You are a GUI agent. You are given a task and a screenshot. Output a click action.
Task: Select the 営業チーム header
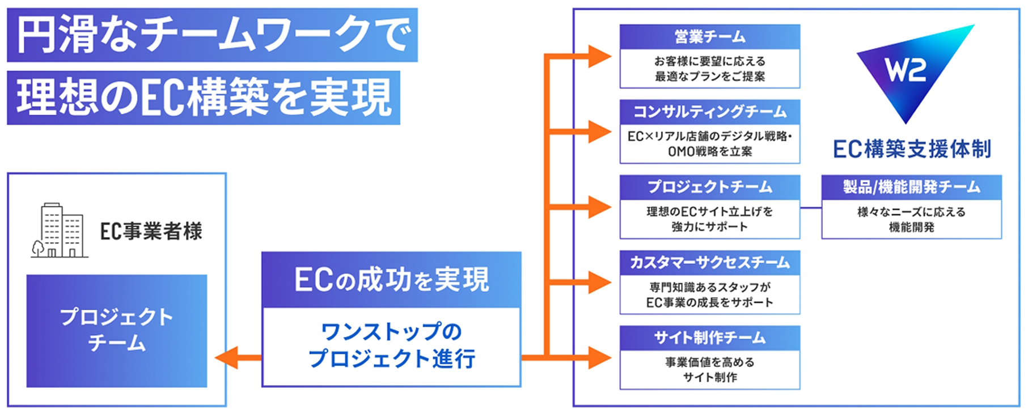709,37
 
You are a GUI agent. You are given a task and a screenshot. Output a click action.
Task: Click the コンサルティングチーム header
709,112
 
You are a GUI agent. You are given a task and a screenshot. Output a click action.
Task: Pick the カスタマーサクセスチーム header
709,263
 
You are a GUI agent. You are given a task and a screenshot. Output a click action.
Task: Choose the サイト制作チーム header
709,338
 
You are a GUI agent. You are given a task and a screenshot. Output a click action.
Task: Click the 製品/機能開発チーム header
911,187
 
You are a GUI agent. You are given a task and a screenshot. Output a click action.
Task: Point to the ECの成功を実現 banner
391,280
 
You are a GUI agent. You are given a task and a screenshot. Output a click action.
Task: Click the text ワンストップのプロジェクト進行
392,345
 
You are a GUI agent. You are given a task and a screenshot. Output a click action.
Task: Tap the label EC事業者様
151,231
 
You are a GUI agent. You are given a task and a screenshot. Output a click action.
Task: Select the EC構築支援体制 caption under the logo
912,149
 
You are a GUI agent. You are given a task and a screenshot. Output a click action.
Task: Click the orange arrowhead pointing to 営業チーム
600,56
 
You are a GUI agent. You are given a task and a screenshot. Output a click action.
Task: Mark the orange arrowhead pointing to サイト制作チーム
600,358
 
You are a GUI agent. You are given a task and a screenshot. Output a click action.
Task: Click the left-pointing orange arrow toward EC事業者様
238,358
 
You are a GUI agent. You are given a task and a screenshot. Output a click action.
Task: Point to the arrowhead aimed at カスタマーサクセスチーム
600,282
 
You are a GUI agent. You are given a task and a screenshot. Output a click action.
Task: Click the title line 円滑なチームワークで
213,35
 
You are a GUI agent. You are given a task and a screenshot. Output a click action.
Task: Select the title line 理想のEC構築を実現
204,98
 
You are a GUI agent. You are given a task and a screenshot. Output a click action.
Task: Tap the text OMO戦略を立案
710,151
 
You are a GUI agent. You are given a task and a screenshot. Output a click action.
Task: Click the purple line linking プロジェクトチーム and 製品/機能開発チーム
811,208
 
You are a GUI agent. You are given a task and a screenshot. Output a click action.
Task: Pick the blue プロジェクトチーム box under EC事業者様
117,331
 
